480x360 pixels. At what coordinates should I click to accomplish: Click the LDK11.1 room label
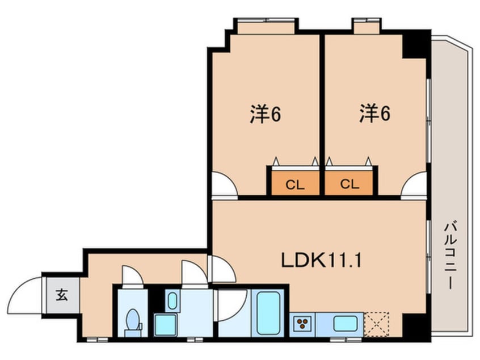(322, 261)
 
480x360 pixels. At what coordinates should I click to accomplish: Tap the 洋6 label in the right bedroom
(374, 115)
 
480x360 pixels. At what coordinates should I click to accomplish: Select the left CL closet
(294, 183)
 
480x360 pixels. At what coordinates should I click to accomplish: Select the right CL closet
(349, 183)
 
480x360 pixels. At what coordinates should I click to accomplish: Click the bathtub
(270, 313)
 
